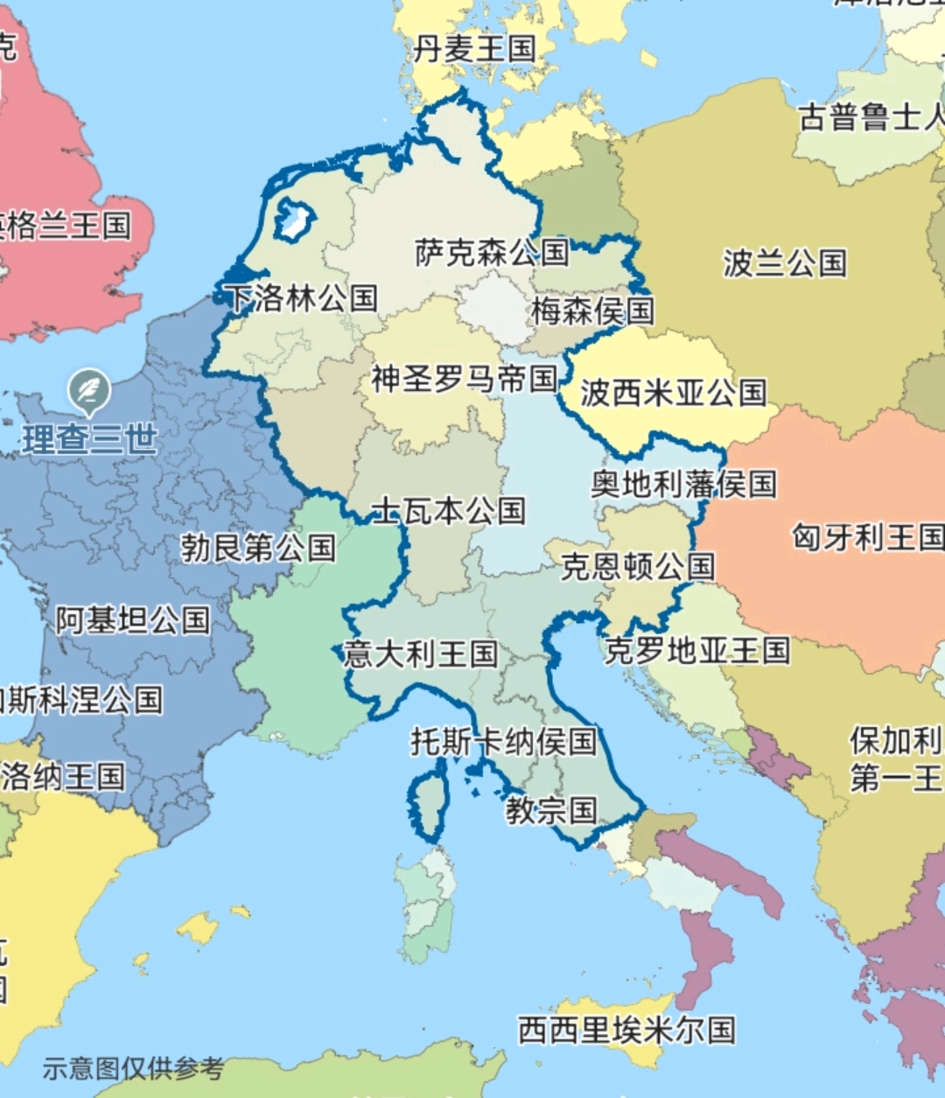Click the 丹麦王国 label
point(473,49)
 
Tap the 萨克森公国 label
point(492,253)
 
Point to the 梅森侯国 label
point(592,311)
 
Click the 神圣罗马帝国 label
point(464,380)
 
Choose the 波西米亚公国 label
point(673,393)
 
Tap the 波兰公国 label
point(784,262)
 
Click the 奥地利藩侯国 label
point(683,484)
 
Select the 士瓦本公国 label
point(449,511)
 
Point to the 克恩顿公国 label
point(637,567)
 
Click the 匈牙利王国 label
point(867,536)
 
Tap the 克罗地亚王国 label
point(696,651)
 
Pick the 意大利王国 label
point(421,654)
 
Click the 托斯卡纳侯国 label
point(504,742)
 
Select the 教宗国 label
point(551,810)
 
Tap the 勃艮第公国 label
point(258,549)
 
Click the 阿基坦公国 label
point(133,620)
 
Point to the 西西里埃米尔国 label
point(626,1030)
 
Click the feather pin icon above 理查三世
point(89,390)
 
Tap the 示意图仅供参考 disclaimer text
point(133,1068)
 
